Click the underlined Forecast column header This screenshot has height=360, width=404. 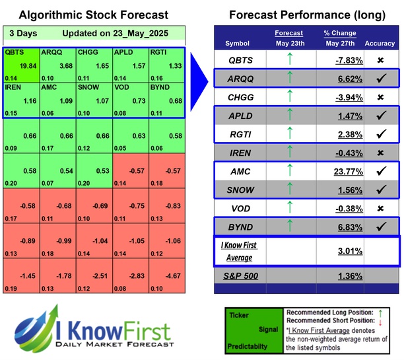tap(289, 33)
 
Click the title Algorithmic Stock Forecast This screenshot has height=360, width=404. tap(92, 15)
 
